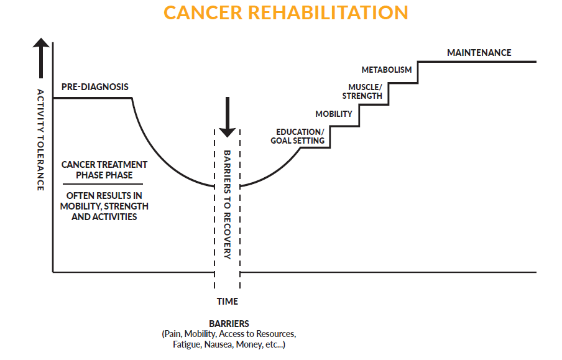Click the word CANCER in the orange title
[203, 12]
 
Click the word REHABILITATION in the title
[328, 12]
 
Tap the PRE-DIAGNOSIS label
[95, 87]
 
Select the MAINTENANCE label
[479, 53]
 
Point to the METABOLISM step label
[387, 70]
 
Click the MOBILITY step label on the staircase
[334, 114]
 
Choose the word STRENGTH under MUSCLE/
[362, 96]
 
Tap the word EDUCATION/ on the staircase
[300, 132]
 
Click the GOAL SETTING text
[298, 141]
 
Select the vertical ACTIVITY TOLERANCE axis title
[41, 140]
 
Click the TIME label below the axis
[228, 302]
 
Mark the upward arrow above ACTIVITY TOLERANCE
[41, 58]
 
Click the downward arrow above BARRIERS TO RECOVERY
[228, 118]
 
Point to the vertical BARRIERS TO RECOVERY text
[228, 205]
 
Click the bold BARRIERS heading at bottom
[229, 324]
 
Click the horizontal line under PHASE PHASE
[103, 184]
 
